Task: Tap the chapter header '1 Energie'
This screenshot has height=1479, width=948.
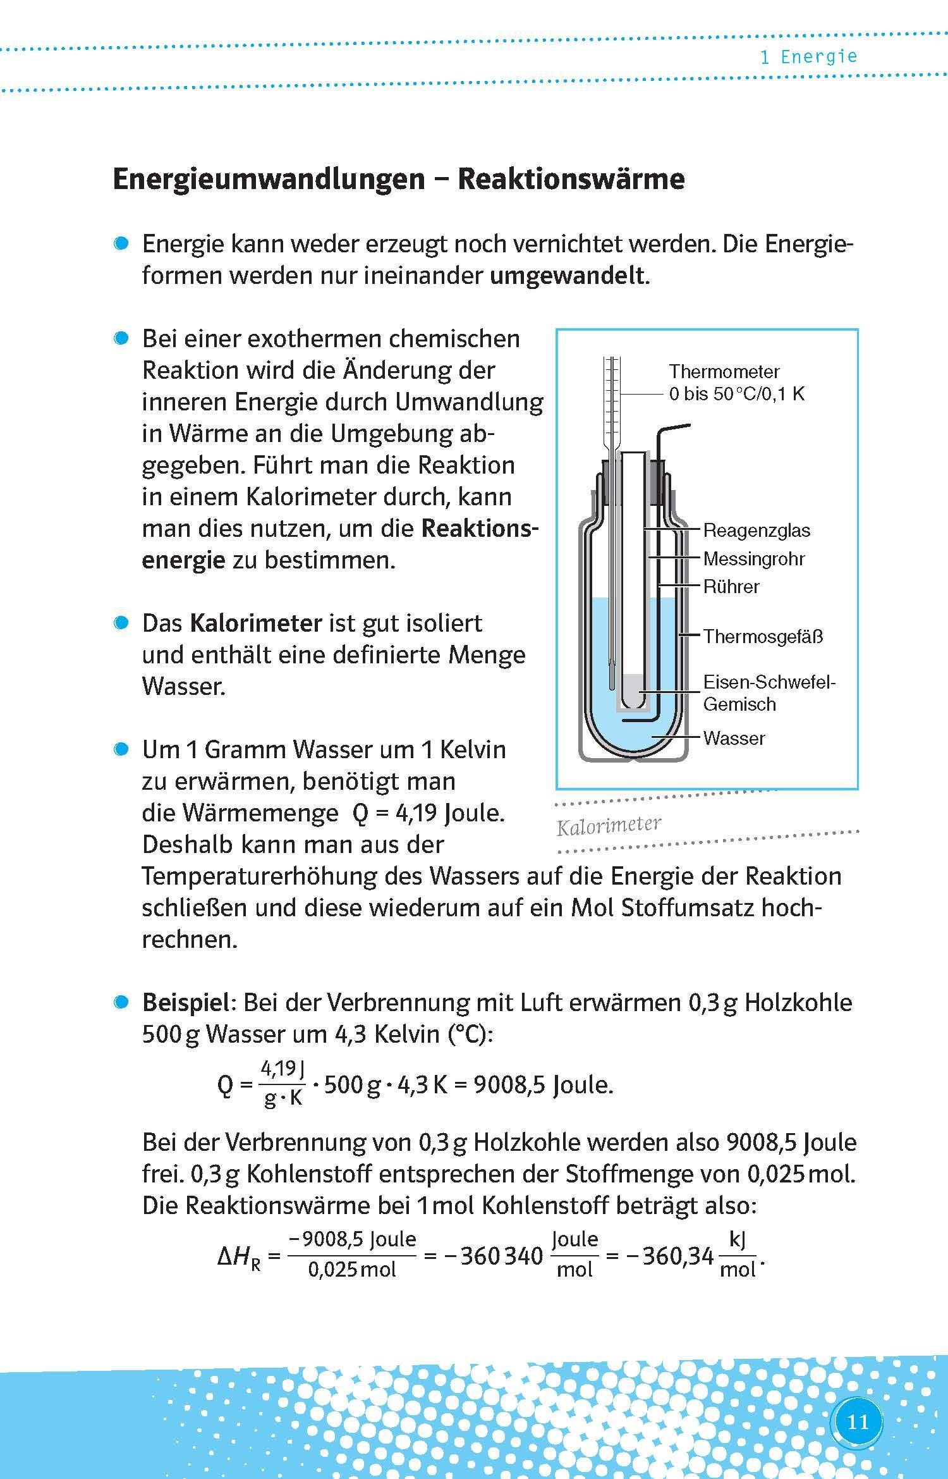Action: (809, 57)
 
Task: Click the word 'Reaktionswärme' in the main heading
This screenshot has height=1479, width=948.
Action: (571, 179)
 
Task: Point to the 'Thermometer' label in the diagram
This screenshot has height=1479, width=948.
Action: (724, 371)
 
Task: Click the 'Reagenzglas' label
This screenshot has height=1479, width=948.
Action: (756, 530)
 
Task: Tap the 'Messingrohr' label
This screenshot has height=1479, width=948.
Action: (753, 558)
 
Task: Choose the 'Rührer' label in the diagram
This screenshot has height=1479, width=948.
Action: (731, 586)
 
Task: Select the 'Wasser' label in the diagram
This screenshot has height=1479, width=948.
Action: (734, 738)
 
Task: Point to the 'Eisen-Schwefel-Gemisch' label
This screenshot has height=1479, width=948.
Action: (769, 693)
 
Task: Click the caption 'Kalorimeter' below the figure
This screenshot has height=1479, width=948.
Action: (609, 825)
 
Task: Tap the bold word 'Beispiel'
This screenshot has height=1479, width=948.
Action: (185, 1002)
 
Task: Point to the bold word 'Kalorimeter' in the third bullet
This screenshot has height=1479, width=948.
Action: (256, 623)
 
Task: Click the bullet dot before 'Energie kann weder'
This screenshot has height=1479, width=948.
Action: (121, 244)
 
